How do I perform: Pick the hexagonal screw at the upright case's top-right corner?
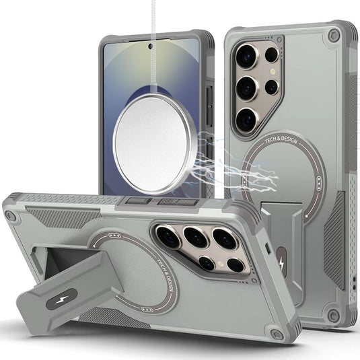click(x=333, y=36)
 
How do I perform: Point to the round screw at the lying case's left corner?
click(x=11, y=216)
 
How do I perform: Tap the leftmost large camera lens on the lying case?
click(x=168, y=236)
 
